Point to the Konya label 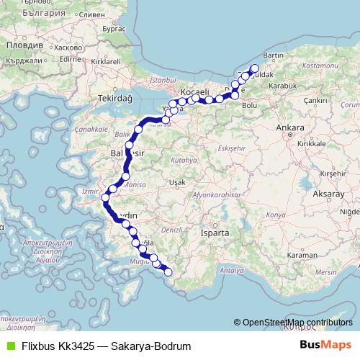pos(275,215)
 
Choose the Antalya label pos(230,270)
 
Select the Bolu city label pos(250,105)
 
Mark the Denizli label pos(171,229)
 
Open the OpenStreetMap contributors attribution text pos(296,323)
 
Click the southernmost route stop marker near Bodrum pos(168,271)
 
